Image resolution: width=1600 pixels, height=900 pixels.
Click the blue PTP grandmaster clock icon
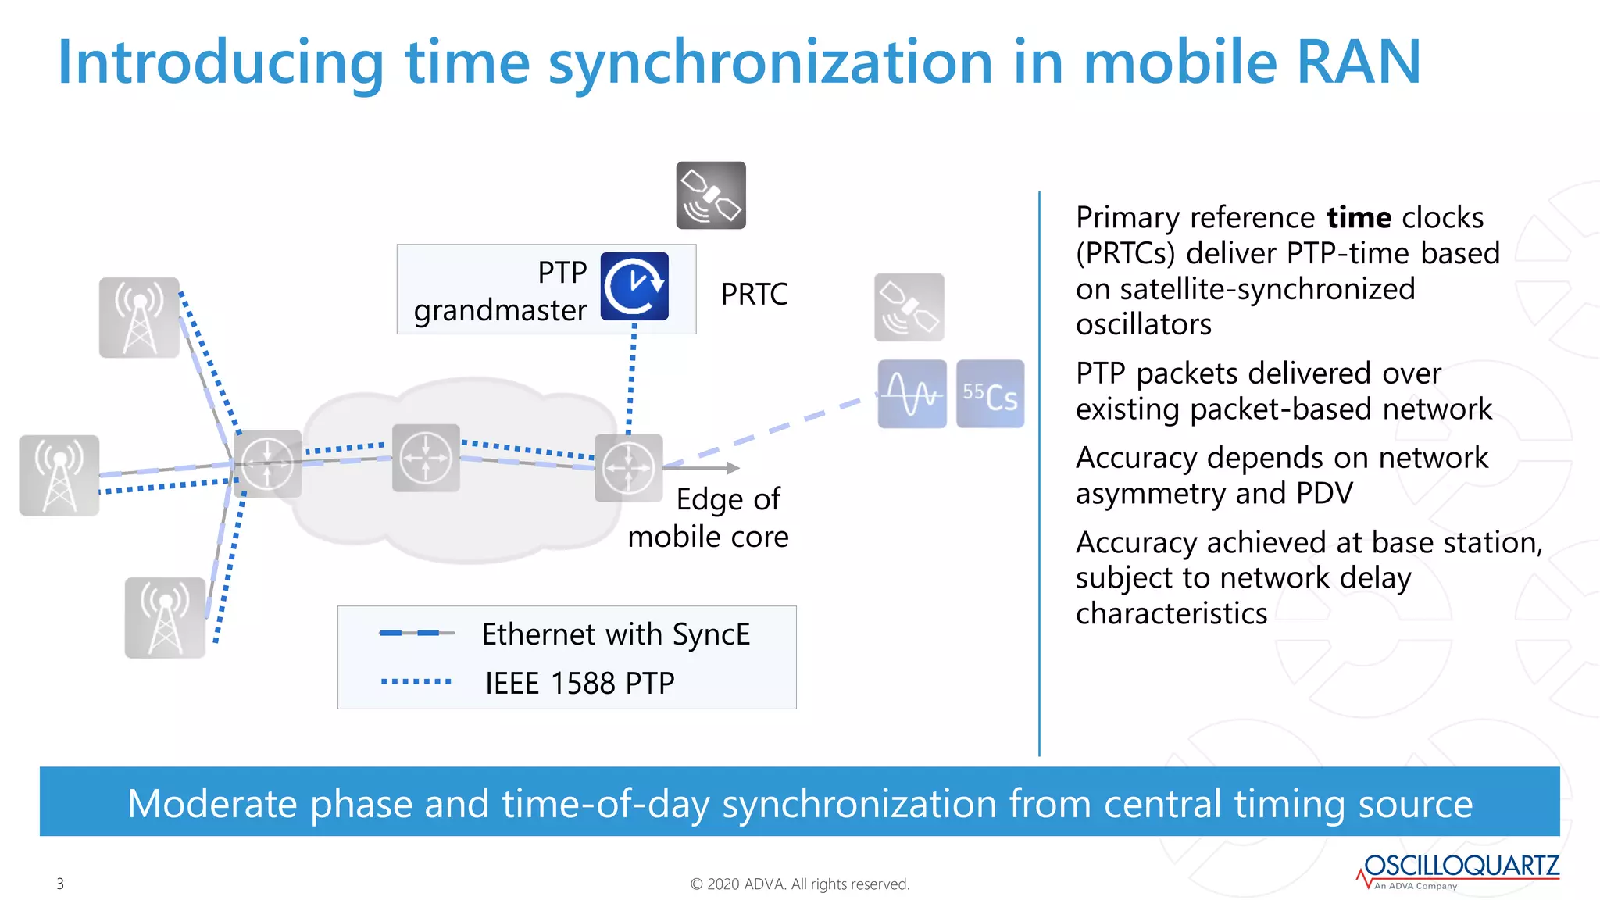point(634,286)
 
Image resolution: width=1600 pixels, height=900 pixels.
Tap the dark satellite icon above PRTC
point(711,195)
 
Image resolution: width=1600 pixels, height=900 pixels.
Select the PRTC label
point(754,295)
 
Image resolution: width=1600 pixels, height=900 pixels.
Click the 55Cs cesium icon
point(990,394)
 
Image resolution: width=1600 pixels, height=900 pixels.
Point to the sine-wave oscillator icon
point(912,394)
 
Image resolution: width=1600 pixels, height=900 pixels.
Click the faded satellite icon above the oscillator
point(909,307)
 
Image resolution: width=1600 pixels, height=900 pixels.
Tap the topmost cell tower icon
point(139,317)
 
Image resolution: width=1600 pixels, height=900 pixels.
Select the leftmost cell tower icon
point(59,475)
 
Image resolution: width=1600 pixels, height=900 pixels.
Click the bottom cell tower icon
point(165,617)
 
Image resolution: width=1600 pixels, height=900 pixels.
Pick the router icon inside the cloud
point(426,458)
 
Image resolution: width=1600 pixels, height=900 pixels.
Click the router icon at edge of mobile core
point(629,468)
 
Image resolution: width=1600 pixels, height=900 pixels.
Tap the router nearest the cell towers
point(267,464)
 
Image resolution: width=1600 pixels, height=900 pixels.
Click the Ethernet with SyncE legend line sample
point(416,633)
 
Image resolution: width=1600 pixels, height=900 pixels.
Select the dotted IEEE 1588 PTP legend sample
point(416,682)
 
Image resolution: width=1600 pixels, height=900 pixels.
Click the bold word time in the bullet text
point(1359,217)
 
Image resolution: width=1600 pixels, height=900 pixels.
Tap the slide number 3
point(60,884)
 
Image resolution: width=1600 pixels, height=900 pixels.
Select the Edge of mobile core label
point(708,518)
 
